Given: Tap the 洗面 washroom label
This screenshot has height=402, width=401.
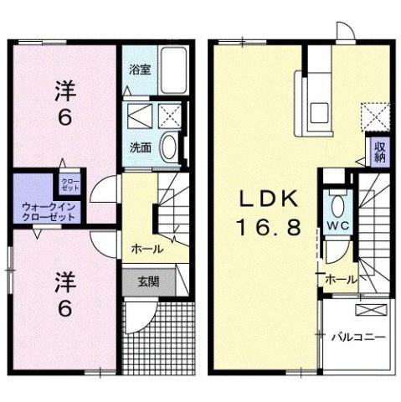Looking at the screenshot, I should (x=139, y=147).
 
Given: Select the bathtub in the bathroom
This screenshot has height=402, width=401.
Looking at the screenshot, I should (x=174, y=72).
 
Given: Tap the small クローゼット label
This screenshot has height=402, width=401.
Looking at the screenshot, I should (x=69, y=182).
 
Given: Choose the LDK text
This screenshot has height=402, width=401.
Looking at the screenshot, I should (x=269, y=200).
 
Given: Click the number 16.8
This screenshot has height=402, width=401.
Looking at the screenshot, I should (x=269, y=229).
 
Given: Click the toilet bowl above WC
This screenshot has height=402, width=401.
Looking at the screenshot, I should (x=337, y=205).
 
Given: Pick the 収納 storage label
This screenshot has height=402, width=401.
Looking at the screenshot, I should (x=380, y=152).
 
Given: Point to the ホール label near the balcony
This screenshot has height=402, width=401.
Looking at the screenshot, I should (x=341, y=279).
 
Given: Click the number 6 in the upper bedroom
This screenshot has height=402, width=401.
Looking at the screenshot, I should (x=64, y=117).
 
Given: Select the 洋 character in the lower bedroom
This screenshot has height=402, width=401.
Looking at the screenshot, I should (x=64, y=279).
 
